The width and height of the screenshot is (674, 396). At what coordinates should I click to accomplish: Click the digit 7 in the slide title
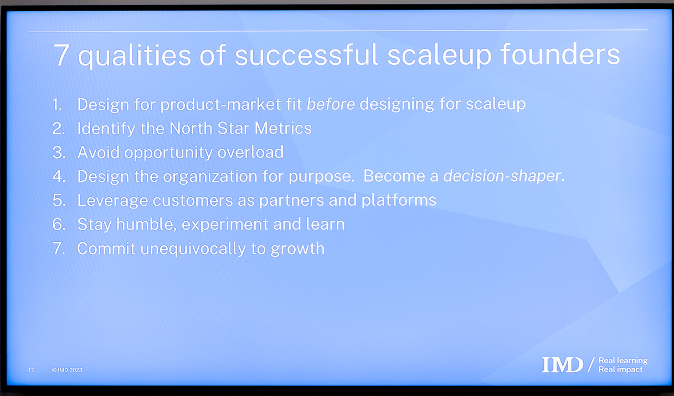pos(61,55)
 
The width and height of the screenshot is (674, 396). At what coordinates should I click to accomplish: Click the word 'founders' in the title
pos(560,54)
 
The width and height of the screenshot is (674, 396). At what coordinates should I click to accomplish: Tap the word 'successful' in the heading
pos(306,54)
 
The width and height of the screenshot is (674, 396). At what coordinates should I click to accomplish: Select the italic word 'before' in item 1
pos(331,104)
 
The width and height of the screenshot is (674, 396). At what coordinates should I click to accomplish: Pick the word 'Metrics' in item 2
pos(283,128)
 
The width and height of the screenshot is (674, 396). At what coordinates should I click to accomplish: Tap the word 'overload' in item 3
pos(250,152)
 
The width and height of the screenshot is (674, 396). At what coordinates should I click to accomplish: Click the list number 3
pos(59,153)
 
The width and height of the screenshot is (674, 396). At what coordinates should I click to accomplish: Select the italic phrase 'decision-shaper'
pos(502,176)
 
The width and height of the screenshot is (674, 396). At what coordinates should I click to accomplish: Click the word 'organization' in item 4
pos(210,176)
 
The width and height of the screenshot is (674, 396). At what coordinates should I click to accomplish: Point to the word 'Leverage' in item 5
pos(112,200)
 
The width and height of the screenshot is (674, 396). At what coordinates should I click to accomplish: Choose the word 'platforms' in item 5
pos(399,200)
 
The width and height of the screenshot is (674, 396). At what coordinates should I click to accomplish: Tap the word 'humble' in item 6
pos(146,224)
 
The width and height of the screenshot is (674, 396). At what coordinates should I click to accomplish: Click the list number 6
pos(59,225)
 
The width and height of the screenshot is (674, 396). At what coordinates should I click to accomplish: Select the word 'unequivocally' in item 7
pos(193,249)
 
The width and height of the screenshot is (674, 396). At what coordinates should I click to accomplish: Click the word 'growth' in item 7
pos(297,249)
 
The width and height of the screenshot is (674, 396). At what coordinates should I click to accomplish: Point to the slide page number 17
pos(32,370)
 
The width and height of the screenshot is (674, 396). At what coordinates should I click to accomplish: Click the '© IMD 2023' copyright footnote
pos(67,370)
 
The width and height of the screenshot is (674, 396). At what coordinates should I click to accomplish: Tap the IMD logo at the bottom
pos(562,364)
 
